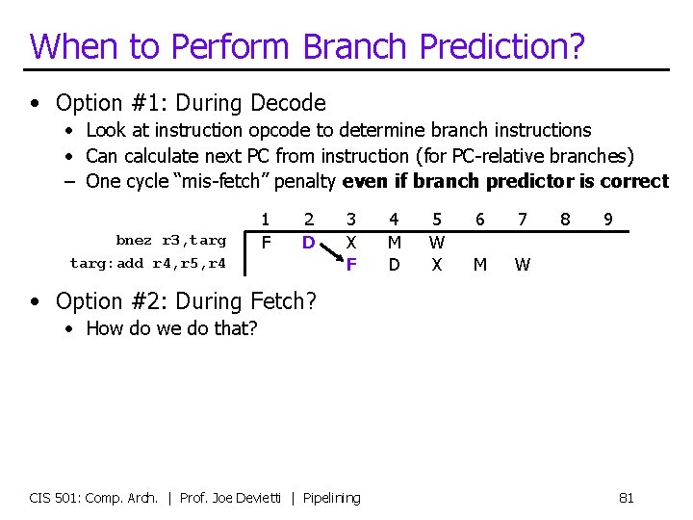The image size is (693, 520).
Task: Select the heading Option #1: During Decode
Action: (191, 103)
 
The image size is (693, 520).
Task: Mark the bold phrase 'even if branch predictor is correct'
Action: (505, 182)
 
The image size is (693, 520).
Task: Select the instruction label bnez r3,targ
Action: (171, 241)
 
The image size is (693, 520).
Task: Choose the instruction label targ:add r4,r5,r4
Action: (148, 263)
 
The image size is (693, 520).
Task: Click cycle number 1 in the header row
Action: (266, 221)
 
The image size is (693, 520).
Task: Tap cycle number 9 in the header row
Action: (607, 221)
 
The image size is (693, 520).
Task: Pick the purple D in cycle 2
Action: (308, 243)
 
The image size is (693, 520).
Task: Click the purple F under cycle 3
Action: (351, 263)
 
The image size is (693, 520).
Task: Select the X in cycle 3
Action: (351, 243)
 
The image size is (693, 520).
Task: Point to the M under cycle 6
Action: (479, 263)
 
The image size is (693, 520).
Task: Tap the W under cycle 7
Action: (522, 263)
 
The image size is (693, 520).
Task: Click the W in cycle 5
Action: (437, 243)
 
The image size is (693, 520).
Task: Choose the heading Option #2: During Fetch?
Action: (186, 301)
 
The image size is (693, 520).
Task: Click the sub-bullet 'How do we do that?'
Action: (171, 328)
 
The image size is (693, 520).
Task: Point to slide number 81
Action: (626, 498)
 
